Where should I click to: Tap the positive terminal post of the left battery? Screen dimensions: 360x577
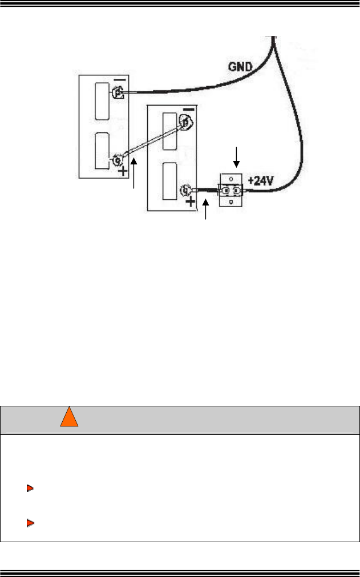[118, 159]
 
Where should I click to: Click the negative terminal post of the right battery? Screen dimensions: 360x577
[185, 122]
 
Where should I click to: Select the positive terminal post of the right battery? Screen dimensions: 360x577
[185, 190]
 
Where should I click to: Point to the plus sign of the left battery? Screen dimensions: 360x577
[123, 171]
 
